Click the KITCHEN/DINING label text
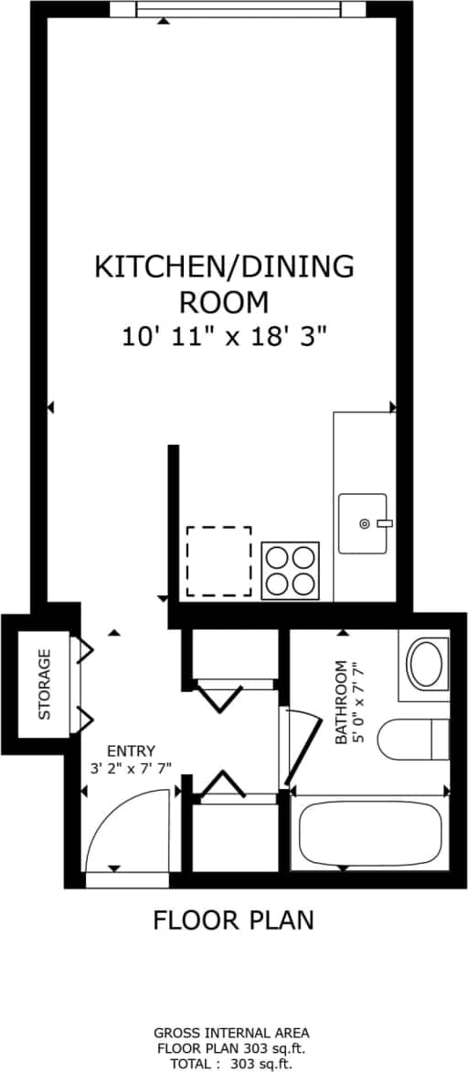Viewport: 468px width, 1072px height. (x=224, y=267)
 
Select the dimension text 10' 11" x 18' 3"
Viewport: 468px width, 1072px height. (x=225, y=336)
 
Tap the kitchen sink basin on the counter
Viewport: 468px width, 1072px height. (x=362, y=523)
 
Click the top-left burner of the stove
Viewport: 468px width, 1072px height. (x=278, y=558)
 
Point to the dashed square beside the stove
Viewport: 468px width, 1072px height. (x=218, y=561)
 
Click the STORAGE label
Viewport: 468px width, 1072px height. (x=45, y=684)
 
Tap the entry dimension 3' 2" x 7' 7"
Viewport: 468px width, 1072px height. (x=130, y=768)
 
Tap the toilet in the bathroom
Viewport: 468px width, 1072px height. (x=411, y=739)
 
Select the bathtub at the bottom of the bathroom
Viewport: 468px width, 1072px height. (x=370, y=835)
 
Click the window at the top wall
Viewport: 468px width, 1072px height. (x=239, y=9)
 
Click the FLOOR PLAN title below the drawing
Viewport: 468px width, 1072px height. (x=233, y=920)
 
